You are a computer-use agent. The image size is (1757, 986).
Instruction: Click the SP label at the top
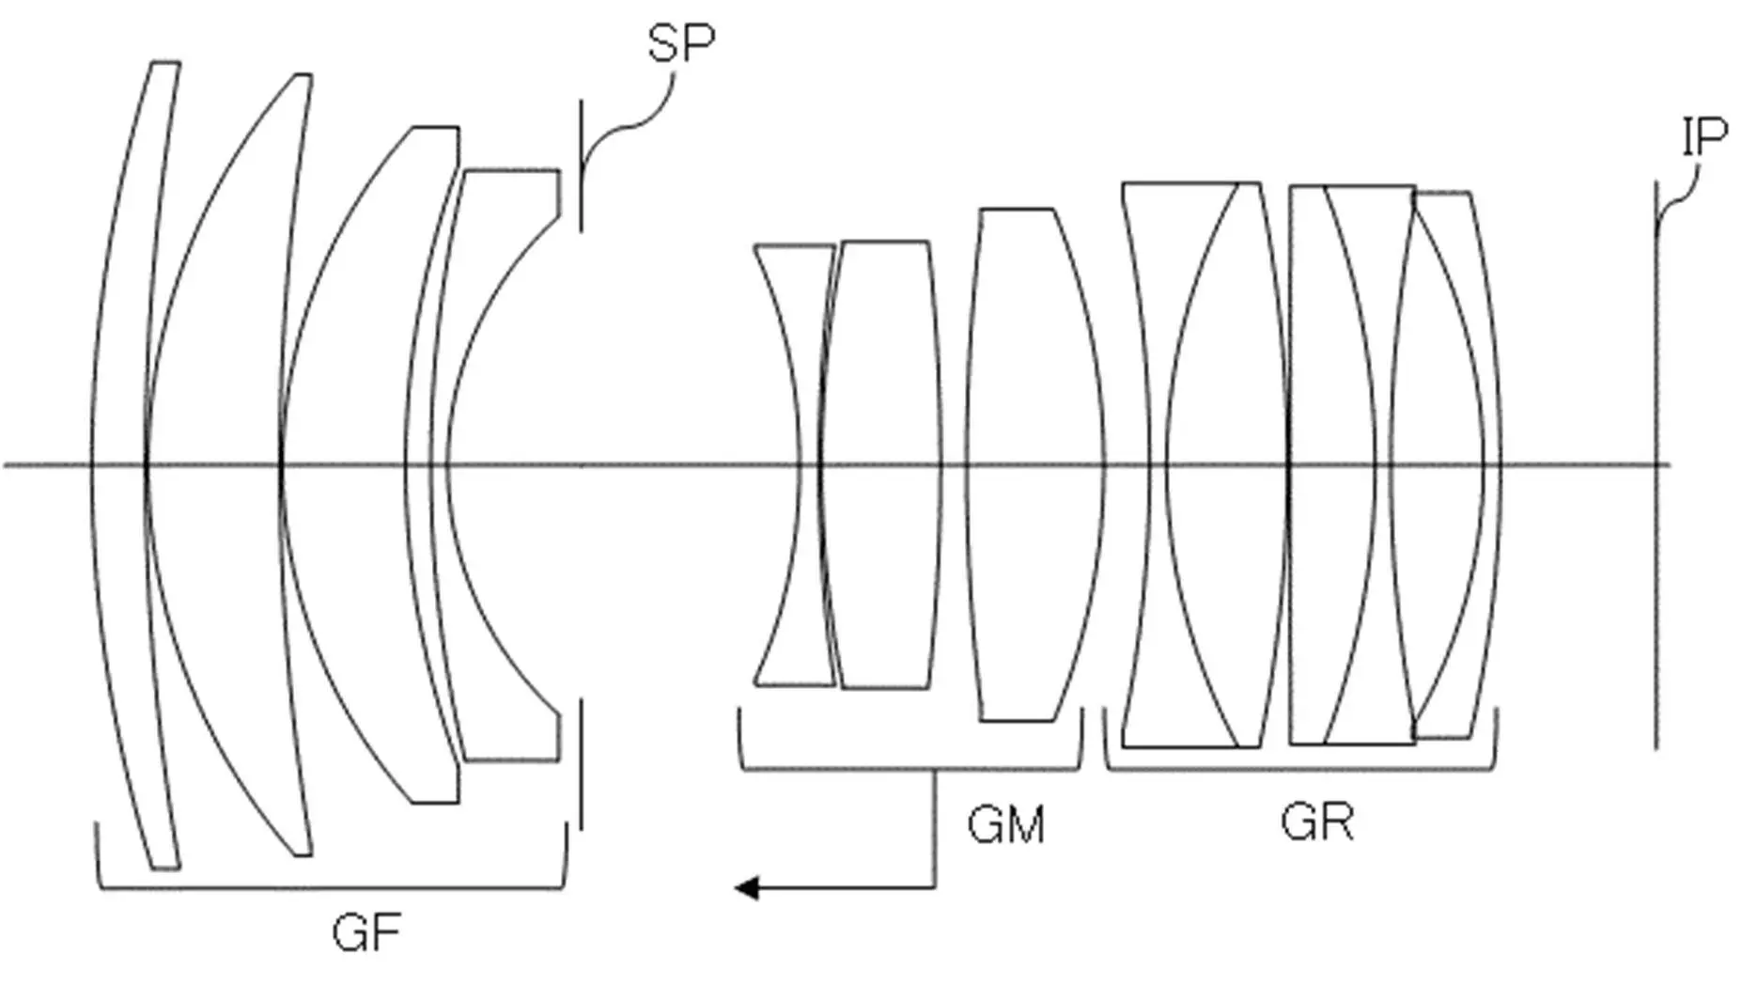pos(680,43)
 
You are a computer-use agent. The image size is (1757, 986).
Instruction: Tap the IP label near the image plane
pos(1704,138)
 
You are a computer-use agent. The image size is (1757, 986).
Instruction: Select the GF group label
pos(366,933)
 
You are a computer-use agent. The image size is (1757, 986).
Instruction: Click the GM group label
pos(1005,825)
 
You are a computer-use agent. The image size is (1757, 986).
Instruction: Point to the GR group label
pos(1316,822)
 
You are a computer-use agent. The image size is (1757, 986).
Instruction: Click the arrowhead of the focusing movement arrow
pos(747,887)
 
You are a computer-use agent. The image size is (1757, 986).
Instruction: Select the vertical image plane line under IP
pos(1656,465)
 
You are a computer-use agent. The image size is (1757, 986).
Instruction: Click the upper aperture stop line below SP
pos(581,165)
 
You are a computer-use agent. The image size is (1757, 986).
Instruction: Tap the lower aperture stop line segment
pos(581,763)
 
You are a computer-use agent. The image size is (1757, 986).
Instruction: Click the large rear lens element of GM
pos(1035,465)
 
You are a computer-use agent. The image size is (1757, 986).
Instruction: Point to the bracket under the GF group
pos(332,886)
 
